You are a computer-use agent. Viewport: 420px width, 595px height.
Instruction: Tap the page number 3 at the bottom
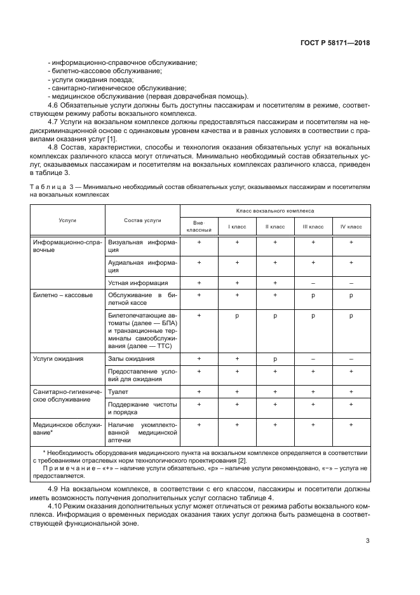367,541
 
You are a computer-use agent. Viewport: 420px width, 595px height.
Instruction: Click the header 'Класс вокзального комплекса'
274,210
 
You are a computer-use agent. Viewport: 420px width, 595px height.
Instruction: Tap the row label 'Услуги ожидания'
58,359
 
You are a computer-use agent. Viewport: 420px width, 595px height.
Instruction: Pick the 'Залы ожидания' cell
132,359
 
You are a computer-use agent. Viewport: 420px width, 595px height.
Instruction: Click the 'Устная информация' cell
138,283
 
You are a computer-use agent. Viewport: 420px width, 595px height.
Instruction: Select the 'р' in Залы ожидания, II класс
274,359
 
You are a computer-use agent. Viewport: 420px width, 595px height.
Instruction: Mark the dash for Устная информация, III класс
313,283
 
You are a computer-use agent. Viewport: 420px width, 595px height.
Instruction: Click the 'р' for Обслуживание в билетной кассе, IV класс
351,295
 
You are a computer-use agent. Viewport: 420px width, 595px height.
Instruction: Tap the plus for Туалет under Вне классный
198,393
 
